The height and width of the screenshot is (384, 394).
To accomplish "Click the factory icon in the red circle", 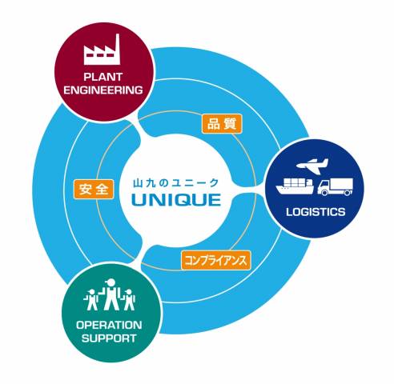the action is (x=102, y=50).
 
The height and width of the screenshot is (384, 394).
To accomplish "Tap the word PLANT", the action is (x=103, y=77).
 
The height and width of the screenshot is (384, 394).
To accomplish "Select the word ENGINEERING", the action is (x=103, y=90).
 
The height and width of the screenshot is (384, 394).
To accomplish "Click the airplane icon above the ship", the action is (x=312, y=166).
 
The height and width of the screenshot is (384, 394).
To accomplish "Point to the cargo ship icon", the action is (x=295, y=186).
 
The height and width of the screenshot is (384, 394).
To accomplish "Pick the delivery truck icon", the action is (x=335, y=186).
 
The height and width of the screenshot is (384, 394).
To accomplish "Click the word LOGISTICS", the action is (x=316, y=212).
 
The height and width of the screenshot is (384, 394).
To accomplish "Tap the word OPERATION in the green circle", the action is (x=109, y=325).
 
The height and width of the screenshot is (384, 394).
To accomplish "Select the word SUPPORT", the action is (x=109, y=338).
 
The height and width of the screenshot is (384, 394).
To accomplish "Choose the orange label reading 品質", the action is (x=222, y=124).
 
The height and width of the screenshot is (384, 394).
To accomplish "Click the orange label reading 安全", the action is (x=94, y=189).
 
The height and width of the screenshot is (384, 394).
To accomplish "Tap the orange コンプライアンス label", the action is (x=216, y=260).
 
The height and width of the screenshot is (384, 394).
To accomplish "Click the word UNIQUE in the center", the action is (x=176, y=200).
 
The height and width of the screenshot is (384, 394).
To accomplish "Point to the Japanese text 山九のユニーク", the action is (x=176, y=183).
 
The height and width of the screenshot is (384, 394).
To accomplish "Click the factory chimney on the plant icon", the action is (x=117, y=42).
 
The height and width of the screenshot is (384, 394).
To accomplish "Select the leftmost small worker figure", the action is (x=91, y=300).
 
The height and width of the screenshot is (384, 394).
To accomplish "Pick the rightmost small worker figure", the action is (x=129, y=300).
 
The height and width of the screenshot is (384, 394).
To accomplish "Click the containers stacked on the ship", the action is (x=296, y=182).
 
